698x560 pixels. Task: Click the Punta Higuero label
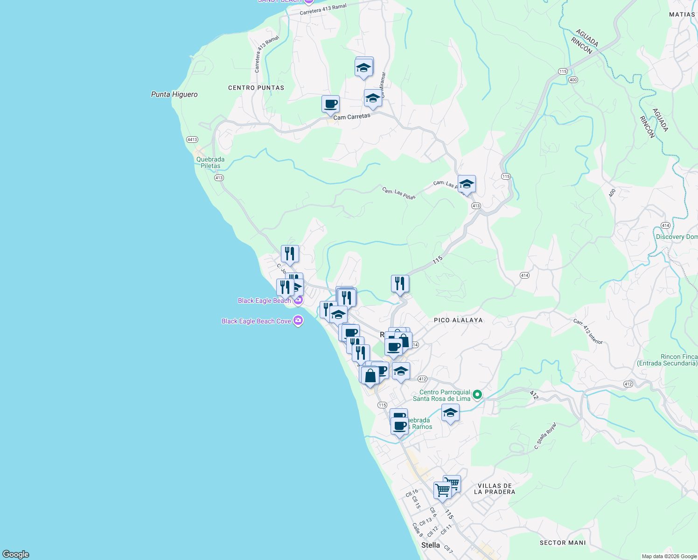click(x=174, y=94)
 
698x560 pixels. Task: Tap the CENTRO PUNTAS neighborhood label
click(x=256, y=88)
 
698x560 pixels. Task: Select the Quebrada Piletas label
click(x=210, y=162)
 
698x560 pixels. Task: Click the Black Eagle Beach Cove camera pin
click(x=299, y=321)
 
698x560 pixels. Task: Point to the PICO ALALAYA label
click(x=458, y=320)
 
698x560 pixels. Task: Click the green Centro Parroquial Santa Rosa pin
click(x=477, y=395)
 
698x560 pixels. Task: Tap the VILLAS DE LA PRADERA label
click(x=495, y=489)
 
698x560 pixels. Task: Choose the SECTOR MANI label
click(x=563, y=543)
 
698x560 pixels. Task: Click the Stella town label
click(x=430, y=545)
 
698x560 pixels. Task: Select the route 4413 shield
click(x=192, y=140)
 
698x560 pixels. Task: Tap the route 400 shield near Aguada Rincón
click(x=573, y=80)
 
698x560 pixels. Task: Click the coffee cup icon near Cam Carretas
click(x=330, y=104)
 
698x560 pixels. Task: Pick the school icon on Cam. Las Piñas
click(x=467, y=184)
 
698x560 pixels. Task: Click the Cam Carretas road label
click(x=352, y=117)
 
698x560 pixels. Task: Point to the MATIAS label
click(x=682, y=14)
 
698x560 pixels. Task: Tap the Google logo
click(x=16, y=554)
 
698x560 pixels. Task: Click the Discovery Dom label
click(x=677, y=237)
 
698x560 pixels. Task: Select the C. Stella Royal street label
click(x=545, y=436)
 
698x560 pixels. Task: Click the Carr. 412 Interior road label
click(x=588, y=331)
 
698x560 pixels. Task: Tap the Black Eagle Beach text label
click(x=264, y=301)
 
